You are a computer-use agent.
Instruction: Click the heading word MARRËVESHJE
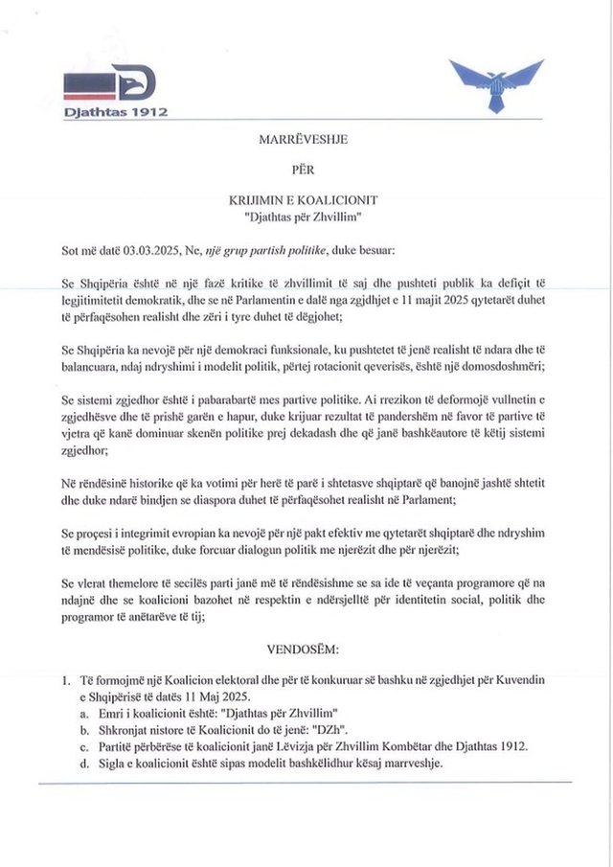pos(302,139)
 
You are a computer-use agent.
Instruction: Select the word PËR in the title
pos(302,170)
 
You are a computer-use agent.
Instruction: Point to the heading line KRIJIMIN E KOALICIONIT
pos(303,200)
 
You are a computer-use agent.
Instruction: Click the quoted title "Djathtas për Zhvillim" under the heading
pos(303,217)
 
